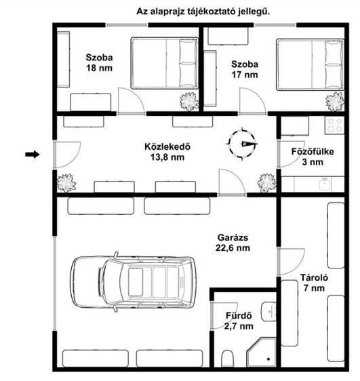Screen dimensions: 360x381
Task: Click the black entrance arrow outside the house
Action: [x=33, y=154]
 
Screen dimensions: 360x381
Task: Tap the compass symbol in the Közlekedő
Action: [x=242, y=144]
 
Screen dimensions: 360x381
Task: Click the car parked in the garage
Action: [x=133, y=282]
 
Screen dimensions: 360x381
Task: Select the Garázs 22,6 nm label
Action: [x=233, y=243]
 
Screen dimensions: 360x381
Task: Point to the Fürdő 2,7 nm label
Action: [x=239, y=321]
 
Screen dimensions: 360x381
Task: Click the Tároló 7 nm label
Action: [x=314, y=283]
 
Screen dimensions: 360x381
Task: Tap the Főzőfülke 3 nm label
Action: [x=313, y=157]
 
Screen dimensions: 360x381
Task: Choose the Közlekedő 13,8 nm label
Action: [x=167, y=152]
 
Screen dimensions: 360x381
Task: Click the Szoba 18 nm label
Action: [x=99, y=62]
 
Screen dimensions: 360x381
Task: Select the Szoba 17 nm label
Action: [x=245, y=69]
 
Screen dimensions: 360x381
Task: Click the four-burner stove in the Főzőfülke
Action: [x=334, y=125]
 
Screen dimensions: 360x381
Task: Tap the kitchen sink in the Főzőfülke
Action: [x=325, y=184]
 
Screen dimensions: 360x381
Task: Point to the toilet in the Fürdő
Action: [x=228, y=359]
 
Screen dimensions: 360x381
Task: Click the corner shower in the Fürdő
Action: [x=262, y=353]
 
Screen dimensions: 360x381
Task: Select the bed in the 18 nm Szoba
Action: [x=165, y=63]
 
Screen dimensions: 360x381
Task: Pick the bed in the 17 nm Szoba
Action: [x=311, y=64]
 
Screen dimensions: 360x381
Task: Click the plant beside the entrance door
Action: [x=66, y=183]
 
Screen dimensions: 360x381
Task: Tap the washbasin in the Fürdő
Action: [x=269, y=311]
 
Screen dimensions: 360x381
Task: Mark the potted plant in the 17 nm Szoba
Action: [x=335, y=101]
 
